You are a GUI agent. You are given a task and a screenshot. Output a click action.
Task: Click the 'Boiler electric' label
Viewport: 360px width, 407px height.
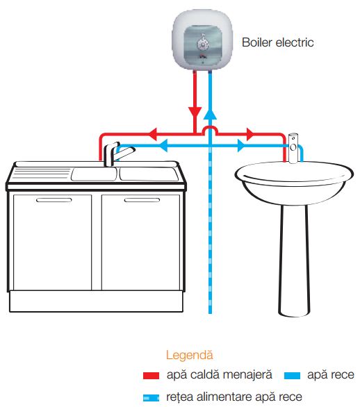pos(278,42)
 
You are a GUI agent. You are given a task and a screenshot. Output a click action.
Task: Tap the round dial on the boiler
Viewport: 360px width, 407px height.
pos(202,44)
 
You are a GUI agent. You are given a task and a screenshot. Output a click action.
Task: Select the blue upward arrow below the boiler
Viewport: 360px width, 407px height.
pos(210,114)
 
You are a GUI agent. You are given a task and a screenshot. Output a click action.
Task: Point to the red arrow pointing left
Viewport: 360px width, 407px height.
pos(153,134)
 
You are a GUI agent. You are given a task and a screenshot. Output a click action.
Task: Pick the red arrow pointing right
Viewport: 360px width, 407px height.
pos(250,134)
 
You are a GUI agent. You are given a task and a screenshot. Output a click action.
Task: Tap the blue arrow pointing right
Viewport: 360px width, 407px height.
pos(240,145)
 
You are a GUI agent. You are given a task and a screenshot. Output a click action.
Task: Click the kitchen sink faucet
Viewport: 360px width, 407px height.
pos(114,153)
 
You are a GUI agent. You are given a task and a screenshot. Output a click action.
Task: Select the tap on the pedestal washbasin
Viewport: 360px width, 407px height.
pos(293,148)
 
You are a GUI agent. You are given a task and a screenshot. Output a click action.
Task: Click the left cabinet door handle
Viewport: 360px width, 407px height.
pos(54,200)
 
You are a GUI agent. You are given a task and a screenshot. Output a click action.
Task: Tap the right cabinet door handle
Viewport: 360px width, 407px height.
pos(142,200)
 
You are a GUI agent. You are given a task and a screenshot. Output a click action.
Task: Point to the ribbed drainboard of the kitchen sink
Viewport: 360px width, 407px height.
pos(41,174)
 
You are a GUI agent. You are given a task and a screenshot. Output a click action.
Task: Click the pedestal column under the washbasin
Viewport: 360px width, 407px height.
pos(295,260)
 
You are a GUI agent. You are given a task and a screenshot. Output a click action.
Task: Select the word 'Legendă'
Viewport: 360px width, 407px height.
pos(189,355)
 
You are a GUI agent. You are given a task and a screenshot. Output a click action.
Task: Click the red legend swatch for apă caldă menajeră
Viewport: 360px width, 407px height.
pos(151,375)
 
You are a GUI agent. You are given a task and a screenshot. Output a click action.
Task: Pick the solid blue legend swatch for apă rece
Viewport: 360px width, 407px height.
pos(292,375)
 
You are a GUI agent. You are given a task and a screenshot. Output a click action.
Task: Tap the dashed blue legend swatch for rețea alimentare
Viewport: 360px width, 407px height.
pos(151,397)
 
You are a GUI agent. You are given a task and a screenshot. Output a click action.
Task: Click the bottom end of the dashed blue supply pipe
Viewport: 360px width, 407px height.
pos(210,313)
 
